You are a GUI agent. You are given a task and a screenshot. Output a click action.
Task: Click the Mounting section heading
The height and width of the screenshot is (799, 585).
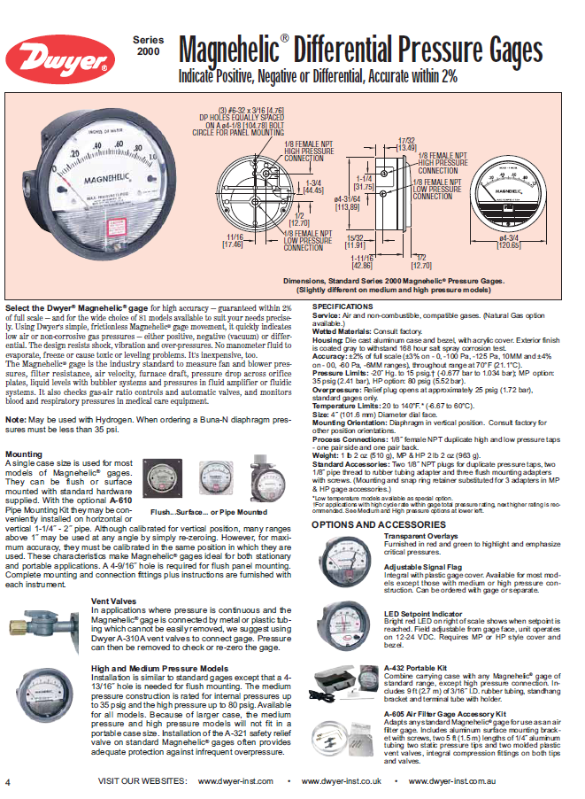pyautogui.click(x=23, y=453)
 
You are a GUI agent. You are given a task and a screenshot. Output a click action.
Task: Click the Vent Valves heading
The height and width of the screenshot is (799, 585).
pyautogui.click(x=112, y=601)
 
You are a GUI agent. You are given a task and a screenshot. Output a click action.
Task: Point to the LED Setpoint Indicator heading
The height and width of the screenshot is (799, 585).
pyautogui.click(x=421, y=613)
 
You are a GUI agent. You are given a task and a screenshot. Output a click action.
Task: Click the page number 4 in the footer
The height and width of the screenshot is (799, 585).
pyautogui.click(x=8, y=783)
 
